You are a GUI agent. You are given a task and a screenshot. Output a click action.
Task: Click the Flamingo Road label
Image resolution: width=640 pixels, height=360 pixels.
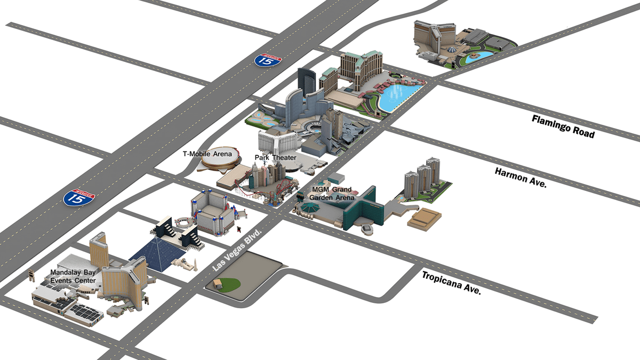point(563,126)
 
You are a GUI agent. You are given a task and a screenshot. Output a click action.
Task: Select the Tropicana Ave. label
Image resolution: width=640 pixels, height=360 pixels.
point(451,283)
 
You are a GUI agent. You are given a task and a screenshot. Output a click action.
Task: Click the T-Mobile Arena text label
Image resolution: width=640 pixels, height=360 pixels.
point(207,154)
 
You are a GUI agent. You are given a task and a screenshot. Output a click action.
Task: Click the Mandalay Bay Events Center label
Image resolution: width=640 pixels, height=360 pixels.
point(73,276)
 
